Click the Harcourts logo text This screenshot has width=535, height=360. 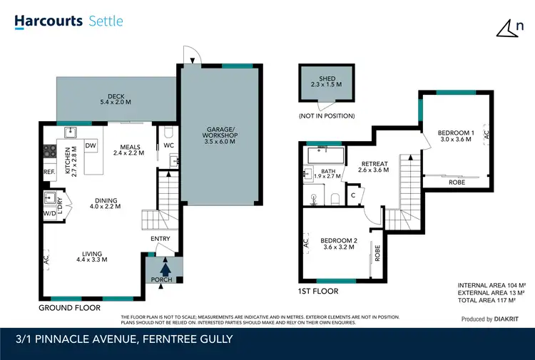(x=47, y=21)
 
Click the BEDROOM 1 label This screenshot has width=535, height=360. (x=455, y=137)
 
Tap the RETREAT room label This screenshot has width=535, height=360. (x=374, y=166)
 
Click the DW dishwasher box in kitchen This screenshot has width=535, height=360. (x=91, y=146)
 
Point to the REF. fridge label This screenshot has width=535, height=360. (x=49, y=172)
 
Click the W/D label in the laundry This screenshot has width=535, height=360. (x=49, y=213)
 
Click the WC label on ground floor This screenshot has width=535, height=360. (x=168, y=146)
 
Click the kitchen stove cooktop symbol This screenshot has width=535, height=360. (x=51, y=150)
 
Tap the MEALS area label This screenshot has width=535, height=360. (x=130, y=148)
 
